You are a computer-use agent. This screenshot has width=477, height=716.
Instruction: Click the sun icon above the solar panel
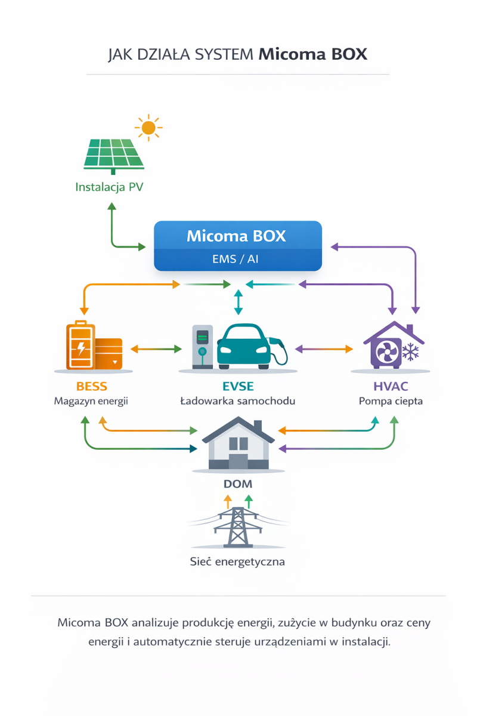click(148, 127)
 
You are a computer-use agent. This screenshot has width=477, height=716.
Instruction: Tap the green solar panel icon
click(113, 154)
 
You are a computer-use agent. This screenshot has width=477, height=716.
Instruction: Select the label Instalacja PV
click(109, 187)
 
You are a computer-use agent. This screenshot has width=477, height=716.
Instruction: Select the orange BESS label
click(92, 387)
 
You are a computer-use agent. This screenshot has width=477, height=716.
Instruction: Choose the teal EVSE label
click(238, 387)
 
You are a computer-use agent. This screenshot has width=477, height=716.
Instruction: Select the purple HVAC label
click(391, 387)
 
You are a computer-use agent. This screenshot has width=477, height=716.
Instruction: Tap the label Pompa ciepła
click(391, 401)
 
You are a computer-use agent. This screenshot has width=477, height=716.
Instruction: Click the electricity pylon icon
click(238, 527)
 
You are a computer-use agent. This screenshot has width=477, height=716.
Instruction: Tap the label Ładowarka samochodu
click(238, 401)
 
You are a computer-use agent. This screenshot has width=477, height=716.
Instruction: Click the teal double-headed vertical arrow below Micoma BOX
click(238, 303)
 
